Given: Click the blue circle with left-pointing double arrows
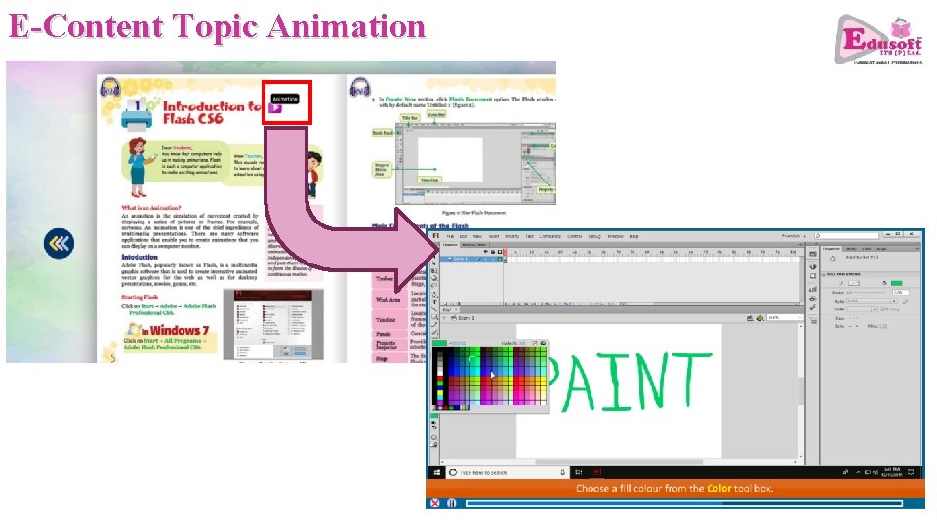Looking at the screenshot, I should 60,243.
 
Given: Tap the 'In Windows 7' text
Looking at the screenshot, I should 177,330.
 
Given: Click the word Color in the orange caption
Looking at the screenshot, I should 720,488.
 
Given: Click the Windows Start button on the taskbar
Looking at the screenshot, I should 435,472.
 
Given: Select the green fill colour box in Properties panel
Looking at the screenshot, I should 896,283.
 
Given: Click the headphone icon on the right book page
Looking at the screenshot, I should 360,86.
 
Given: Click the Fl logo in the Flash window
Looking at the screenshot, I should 435,236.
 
